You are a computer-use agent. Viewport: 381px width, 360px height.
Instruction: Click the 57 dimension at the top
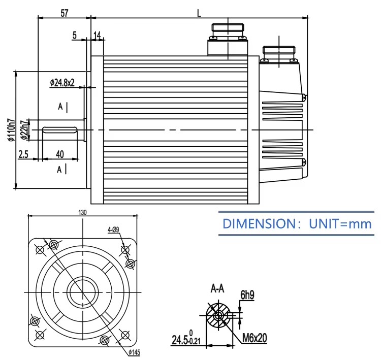[65, 13]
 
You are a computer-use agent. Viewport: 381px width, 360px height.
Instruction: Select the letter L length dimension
[199, 13]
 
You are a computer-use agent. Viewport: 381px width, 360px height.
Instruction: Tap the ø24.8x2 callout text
[62, 83]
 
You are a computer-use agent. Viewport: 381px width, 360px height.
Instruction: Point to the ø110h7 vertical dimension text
[12, 129]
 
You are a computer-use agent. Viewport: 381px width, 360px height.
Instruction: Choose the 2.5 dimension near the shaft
[23, 154]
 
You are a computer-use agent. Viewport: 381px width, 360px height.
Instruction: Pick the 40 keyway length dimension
[60, 154]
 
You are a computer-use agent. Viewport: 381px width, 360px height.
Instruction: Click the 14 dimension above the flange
[97, 36]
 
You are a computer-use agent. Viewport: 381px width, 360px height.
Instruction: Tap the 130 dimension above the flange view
[82, 213]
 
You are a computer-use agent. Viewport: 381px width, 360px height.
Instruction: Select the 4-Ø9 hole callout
[113, 230]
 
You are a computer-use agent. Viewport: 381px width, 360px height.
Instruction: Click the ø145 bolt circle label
[134, 352]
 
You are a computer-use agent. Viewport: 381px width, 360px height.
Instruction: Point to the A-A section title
[217, 289]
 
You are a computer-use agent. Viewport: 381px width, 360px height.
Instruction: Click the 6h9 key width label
[247, 295]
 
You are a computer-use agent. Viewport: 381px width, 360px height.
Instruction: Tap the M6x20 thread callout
[255, 338]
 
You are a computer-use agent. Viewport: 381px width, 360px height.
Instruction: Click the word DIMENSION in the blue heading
[259, 223]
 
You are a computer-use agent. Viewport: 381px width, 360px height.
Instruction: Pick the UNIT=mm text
[340, 224]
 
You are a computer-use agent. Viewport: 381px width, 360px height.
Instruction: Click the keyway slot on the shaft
[60, 130]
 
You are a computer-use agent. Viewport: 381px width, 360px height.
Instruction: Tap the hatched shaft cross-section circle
[218, 316]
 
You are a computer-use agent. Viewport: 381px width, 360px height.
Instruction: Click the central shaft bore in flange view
[83, 292]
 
